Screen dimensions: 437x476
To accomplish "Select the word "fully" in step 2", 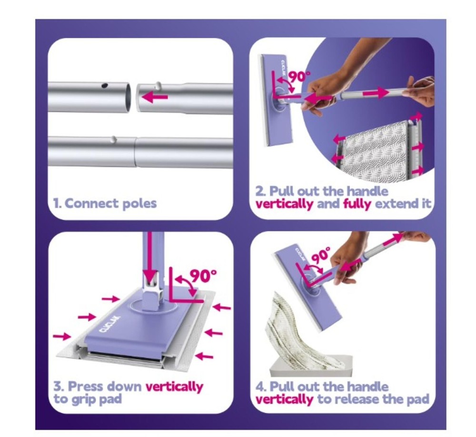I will pyautogui.click(x=358, y=204).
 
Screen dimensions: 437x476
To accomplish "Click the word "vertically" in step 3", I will pyautogui.click(x=174, y=386).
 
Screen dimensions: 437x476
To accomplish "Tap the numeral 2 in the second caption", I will pyautogui.click(x=259, y=192).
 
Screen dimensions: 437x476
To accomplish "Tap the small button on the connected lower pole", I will pyautogui.click(x=113, y=139).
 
